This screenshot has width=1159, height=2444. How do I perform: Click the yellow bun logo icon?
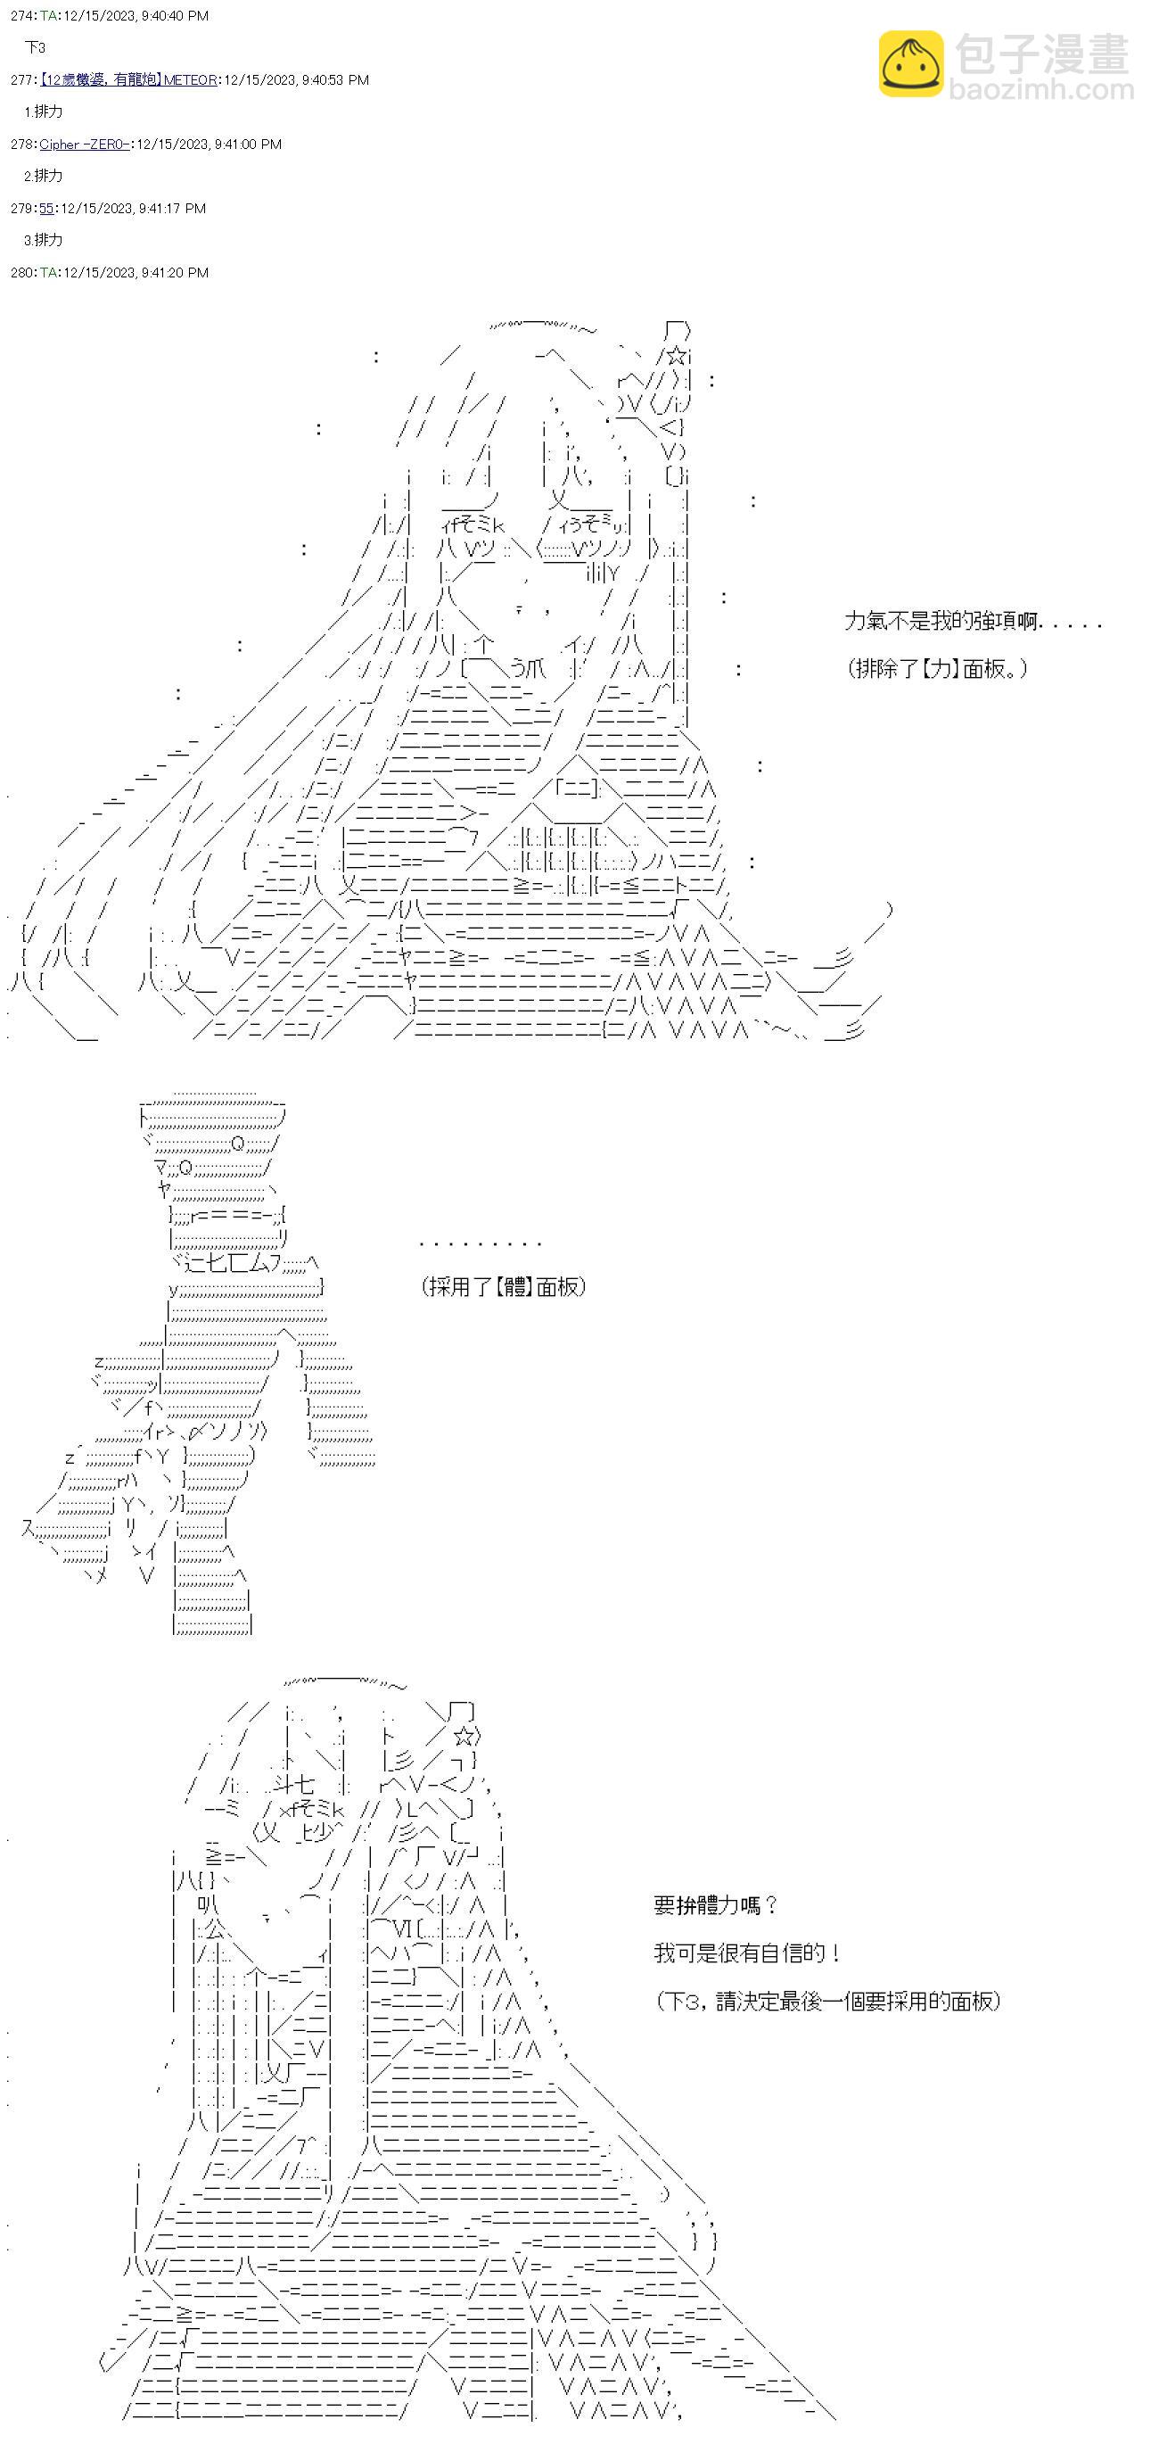(x=910, y=63)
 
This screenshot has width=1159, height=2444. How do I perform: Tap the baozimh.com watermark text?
(x=1041, y=91)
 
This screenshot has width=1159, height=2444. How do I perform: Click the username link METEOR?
(x=190, y=79)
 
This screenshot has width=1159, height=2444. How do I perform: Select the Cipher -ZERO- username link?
(x=84, y=144)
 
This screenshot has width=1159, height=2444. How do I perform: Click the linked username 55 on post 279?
(x=46, y=209)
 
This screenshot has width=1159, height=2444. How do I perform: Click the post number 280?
(x=21, y=273)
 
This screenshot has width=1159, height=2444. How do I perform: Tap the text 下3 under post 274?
(x=35, y=47)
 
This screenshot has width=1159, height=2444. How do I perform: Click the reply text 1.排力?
(x=43, y=112)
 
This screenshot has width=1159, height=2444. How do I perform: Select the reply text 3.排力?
(x=43, y=240)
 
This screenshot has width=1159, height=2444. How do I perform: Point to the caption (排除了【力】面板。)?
(x=937, y=669)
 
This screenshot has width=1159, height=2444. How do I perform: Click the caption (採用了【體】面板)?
(x=504, y=1286)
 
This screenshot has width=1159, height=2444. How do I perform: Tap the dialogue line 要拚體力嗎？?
(x=715, y=1905)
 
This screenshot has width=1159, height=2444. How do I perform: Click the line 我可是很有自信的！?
(x=746, y=1953)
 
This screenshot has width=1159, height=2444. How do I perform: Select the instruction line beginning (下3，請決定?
(x=827, y=2001)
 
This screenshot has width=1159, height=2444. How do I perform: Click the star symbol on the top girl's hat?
(x=677, y=357)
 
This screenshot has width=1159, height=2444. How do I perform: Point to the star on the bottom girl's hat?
(x=464, y=1738)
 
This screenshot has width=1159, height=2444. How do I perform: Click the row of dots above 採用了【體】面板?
(x=480, y=1243)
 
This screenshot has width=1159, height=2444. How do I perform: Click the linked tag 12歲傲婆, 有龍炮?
(x=100, y=79)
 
